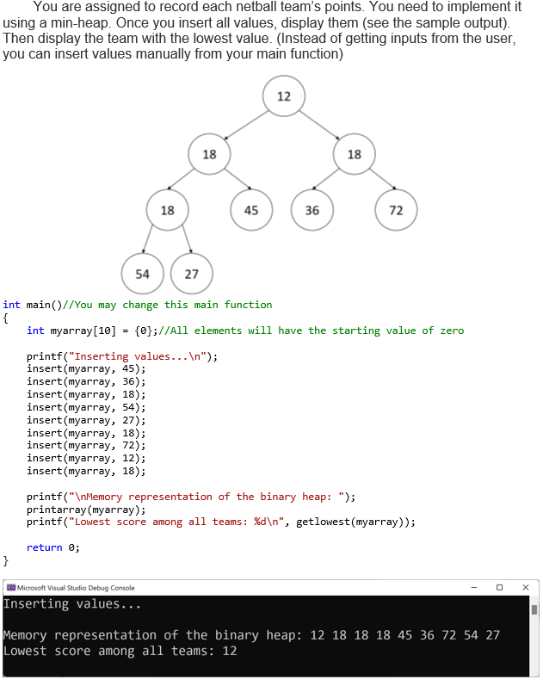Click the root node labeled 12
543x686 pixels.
pyautogui.click(x=284, y=96)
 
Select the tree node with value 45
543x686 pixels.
pyautogui.click(x=251, y=210)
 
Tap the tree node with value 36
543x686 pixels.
pyautogui.click(x=312, y=210)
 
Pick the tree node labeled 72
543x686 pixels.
pyautogui.click(x=396, y=210)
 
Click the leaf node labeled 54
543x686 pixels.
pyautogui.click(x=142, y=274)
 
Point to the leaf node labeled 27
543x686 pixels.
pyautogui.click(x=191, y=274)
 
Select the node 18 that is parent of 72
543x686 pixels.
pyautogui.click(x=354, y=154)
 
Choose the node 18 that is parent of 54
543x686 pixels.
pyautogui.click(x=167, y=210)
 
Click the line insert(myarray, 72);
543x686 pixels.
pyautogui.click(x=86, y=445)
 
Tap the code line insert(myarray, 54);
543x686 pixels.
pyautogui.click(x=86, y=406)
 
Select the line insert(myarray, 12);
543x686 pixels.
pyautogui.click(x=86, y=458)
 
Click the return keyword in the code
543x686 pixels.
pyautogui.click(x=44, y=547)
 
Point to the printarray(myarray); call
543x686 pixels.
pyautogui.click(x=86, y=510)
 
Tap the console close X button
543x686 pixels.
pyautogui.click(x=526, y=587)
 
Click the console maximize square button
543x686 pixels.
pyautogui.click(x=499, y=587)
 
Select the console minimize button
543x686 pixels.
pyautogui.click(x=473, y=587)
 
